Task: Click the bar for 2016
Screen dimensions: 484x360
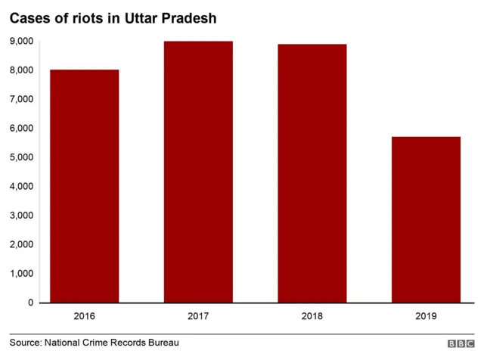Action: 84,186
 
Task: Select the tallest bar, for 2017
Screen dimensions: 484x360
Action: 198,172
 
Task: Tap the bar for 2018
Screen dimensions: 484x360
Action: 312,173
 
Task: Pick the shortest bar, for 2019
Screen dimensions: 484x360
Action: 426,219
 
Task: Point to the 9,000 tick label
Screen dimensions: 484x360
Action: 22,42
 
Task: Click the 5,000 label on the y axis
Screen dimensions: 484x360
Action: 22,157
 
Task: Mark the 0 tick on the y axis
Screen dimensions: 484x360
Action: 30,303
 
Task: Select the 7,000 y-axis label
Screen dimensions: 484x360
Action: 22,99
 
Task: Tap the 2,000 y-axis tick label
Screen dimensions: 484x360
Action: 22,244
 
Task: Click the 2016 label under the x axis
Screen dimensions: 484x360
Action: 84,316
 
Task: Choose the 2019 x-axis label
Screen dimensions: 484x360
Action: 426,316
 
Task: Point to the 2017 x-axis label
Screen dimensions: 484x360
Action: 198,316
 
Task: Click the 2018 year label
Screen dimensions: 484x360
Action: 312,316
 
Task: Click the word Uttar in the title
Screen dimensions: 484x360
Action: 141,18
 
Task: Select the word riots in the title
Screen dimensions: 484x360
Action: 88,18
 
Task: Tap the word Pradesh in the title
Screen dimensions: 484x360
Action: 189,18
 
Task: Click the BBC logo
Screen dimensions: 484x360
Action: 461,343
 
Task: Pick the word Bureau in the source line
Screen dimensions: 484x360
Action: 163,343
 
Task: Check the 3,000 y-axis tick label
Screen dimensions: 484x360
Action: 22,216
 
